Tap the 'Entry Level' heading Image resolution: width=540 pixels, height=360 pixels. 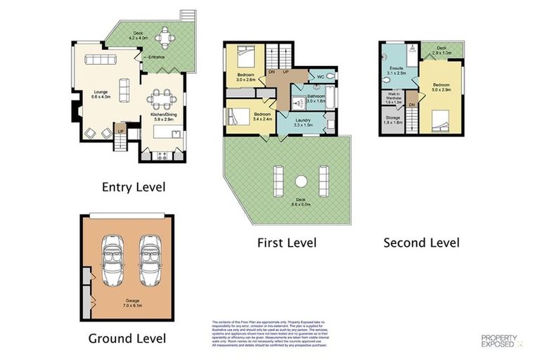[x=134, y=187]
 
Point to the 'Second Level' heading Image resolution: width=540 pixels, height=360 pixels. [x=421, y=243]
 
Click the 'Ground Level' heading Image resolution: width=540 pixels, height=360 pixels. [x=127, y=338]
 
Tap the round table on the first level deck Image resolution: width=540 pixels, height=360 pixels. [x=300, y=181]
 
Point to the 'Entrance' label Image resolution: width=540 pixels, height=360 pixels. [x=156, y=56]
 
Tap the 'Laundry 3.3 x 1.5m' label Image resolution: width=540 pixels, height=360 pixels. [x=303, y=122]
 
